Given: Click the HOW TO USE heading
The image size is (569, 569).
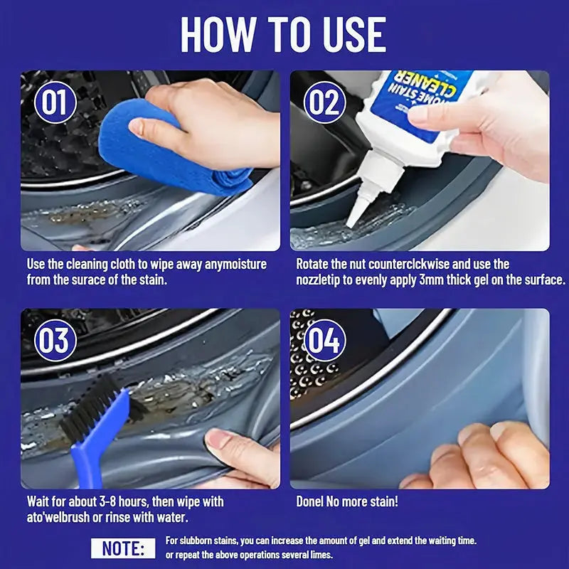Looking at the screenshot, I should (x=283, y=33).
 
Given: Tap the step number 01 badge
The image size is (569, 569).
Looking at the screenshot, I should (x=55, y=102).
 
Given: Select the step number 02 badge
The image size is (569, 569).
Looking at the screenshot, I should (x=324, y=102).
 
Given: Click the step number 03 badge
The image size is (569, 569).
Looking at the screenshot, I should (x=55, y=340).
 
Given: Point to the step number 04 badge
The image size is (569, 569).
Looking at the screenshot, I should (x=324, y=340).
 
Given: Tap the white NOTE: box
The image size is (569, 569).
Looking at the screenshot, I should (x=122, y=548).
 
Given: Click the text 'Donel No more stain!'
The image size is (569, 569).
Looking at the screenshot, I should (x=347, y=501).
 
